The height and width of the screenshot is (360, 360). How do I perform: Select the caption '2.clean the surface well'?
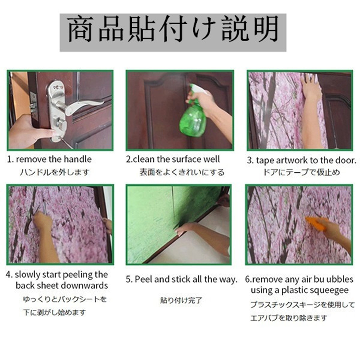click(173, 159)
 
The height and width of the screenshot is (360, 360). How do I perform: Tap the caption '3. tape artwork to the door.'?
click(301, 160)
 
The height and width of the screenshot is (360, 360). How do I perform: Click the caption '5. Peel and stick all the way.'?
click(181, 279)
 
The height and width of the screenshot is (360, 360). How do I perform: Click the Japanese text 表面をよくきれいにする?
click(182, 172)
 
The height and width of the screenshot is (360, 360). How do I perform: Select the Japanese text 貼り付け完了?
click(181, 300)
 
